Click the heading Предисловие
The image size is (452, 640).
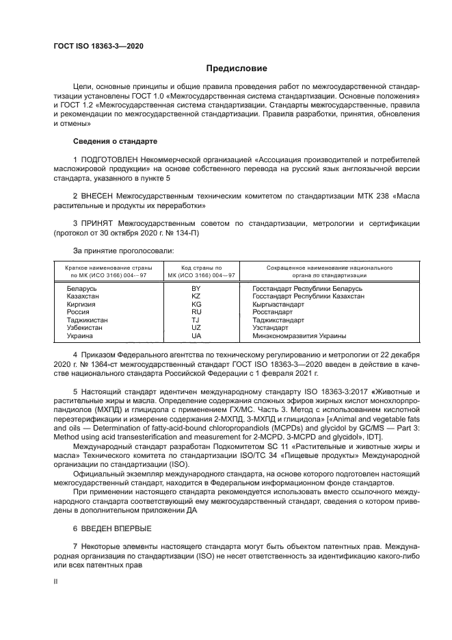tap(237, 68)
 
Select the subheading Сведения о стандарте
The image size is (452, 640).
tap(115, 141)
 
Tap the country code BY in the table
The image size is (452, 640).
tap(196, 289)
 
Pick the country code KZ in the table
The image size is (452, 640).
tap(196, 296)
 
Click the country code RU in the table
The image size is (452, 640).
tap(196, 312)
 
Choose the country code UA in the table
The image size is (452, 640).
tap(196, 336)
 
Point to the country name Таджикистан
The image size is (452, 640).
tap(87, 320)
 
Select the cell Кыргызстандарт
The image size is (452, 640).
tap(278, 305)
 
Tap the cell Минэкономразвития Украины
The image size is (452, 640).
tap(299, 336)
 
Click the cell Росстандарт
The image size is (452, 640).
tap(273, 312)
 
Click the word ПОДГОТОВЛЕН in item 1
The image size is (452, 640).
tap(107, 159)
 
